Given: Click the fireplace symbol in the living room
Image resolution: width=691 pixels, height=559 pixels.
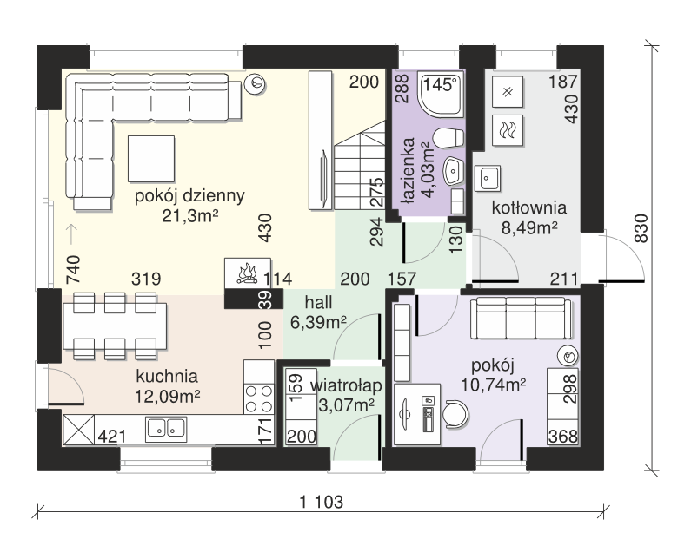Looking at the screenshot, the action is [x=247, y=273].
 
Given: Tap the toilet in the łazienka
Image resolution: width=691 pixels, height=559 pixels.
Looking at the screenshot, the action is [x=448, y=138].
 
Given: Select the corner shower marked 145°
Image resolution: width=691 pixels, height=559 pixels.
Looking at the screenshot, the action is [x=442, y=95].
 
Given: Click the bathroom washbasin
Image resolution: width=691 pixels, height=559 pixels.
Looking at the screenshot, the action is [x=454, y=170].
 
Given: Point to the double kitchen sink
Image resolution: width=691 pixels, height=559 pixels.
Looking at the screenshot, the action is [x=166, y=428].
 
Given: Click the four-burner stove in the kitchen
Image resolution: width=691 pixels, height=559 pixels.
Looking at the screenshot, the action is [x=259, y=398].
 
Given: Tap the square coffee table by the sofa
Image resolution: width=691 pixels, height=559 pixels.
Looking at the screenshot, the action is [x=151, y=159].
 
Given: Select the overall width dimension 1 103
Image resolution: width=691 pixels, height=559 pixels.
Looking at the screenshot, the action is [x=322, y=502].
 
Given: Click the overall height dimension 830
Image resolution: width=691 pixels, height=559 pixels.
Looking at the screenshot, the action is [x=641, y=228].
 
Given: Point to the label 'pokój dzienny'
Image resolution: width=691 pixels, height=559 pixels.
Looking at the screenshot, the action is [x=189, y=196].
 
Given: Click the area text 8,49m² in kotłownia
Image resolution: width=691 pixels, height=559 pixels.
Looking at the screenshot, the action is [x=529, y=228].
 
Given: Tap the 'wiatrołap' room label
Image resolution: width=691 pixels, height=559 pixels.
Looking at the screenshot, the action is [x=346, y=385].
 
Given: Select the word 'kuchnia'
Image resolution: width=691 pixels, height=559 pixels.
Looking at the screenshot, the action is [x=167, y=377].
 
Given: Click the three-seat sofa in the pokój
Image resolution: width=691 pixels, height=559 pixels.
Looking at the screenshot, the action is [x=521, y=319].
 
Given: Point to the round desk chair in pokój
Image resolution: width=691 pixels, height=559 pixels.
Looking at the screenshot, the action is [x=455, y=414].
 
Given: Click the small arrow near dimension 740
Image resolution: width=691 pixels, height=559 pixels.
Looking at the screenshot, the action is [x=70, y=234].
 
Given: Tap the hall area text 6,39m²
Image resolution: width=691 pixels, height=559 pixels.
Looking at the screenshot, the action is [x=318, y=323].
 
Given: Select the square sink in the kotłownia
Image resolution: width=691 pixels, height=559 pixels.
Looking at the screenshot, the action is [x=487, y=178].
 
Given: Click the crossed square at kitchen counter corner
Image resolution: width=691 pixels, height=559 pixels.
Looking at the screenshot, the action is [x=79, y=430].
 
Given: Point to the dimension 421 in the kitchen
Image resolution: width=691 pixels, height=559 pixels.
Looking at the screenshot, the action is [x=112, y=437].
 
